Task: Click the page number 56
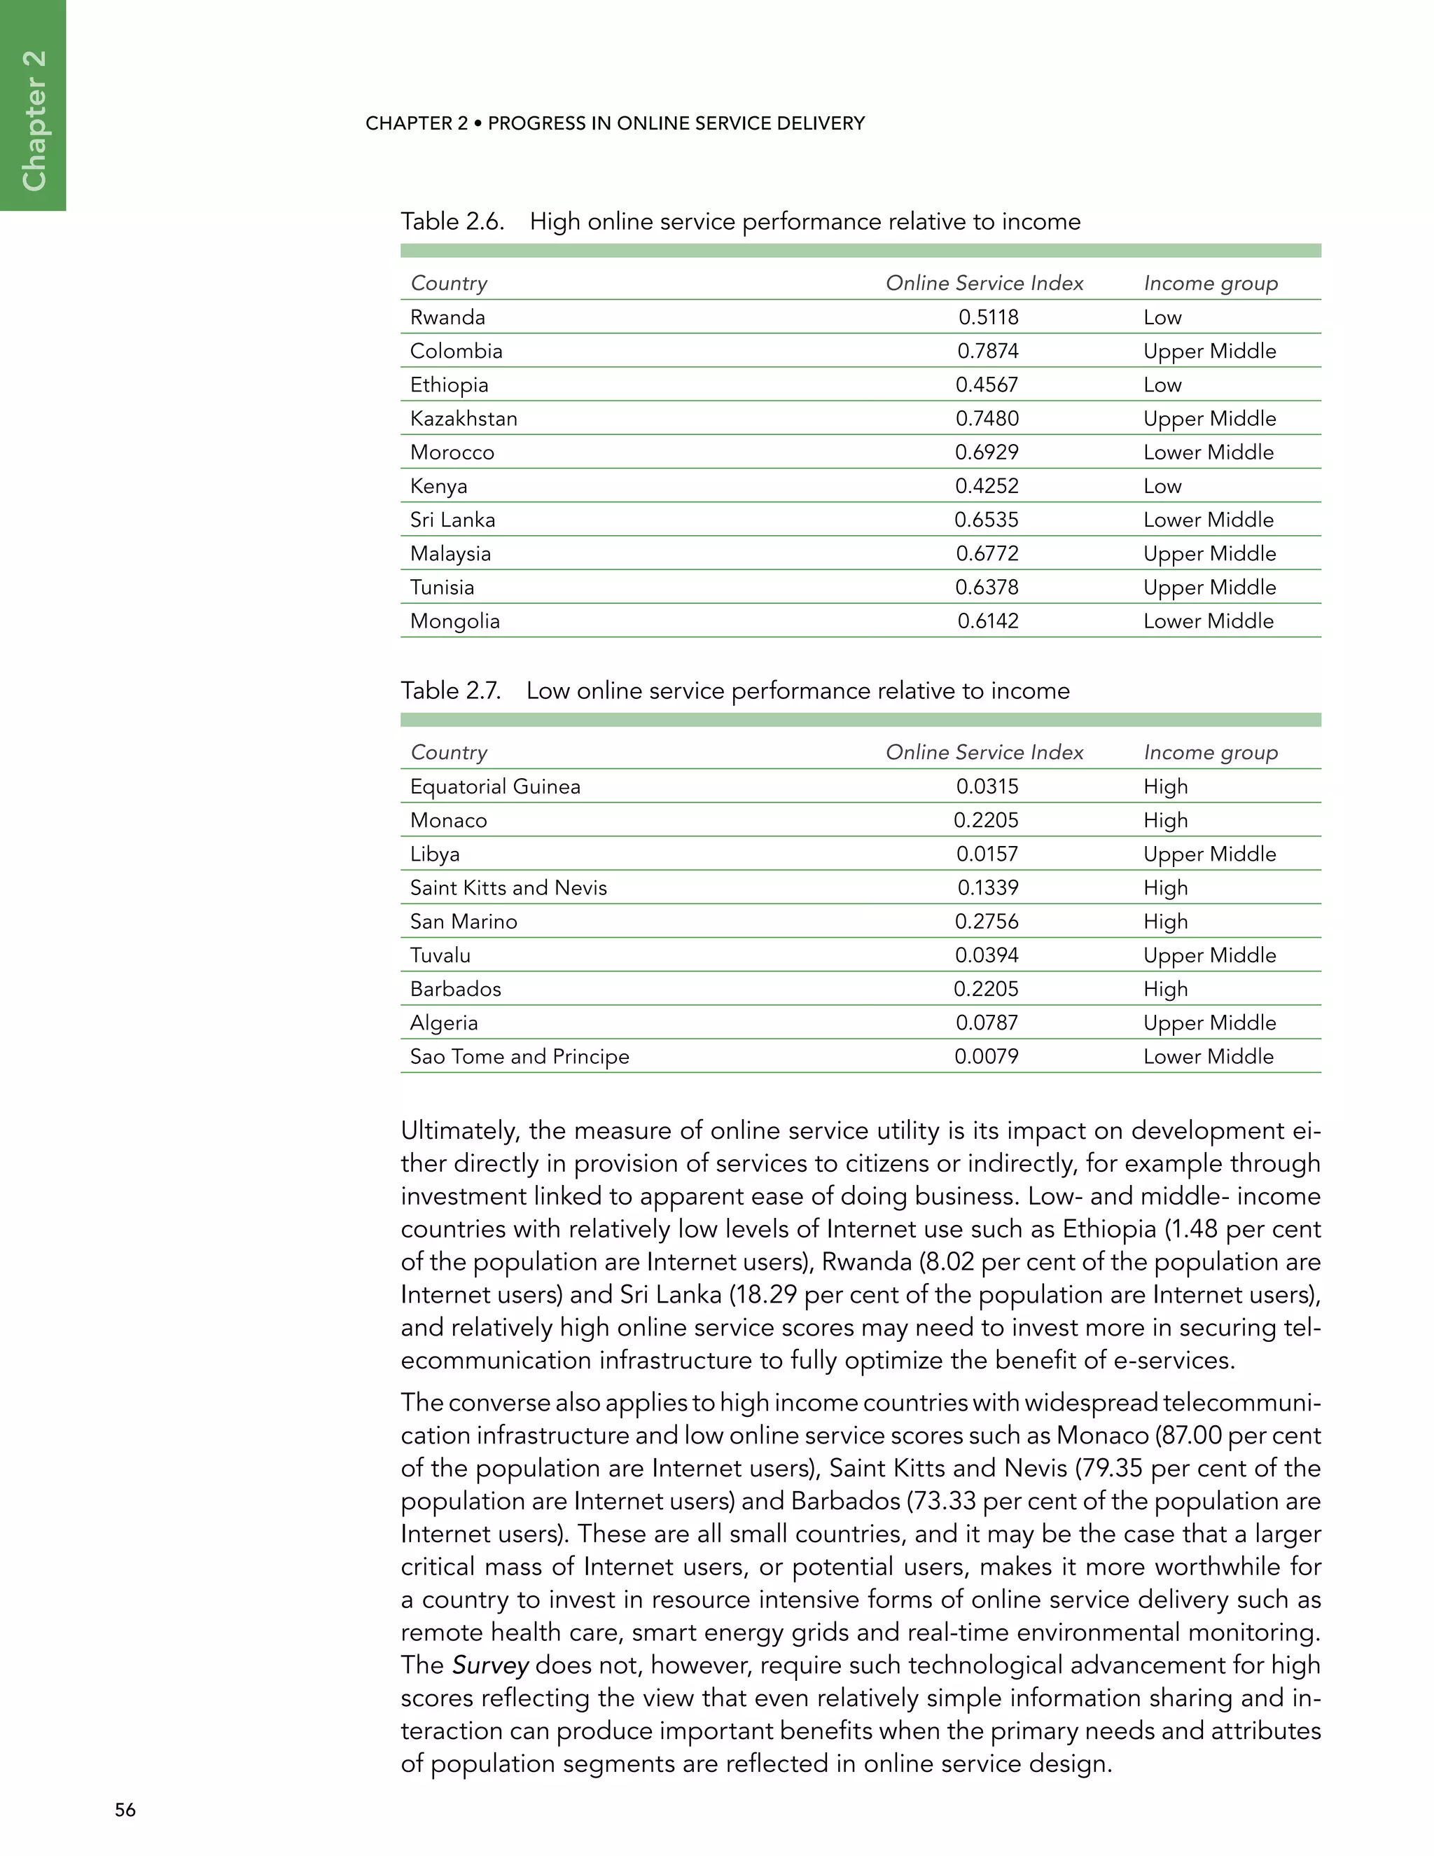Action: click(125, 1809)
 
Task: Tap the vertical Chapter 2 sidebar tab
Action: click(33, 119)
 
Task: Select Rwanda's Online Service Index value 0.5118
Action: click(988, 317)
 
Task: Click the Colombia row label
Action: click(457, 351)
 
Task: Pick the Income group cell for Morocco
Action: click(1208, 452)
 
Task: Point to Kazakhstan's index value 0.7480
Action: click(987, 418)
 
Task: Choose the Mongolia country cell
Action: click(454, 621)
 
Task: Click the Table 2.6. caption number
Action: click(452, 222)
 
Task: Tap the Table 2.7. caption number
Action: click(450, 691)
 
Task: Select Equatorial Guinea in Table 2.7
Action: click(495, 786)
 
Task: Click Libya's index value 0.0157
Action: click(987, 854)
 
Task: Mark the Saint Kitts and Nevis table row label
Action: click(508, 887)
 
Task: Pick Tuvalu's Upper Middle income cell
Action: click(1209, 955)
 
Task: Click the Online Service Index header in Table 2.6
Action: click(984, 283)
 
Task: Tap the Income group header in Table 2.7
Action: click(1211, 752)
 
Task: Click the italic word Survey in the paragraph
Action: click(490, 1665)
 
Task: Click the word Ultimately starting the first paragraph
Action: click(459, 1131)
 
